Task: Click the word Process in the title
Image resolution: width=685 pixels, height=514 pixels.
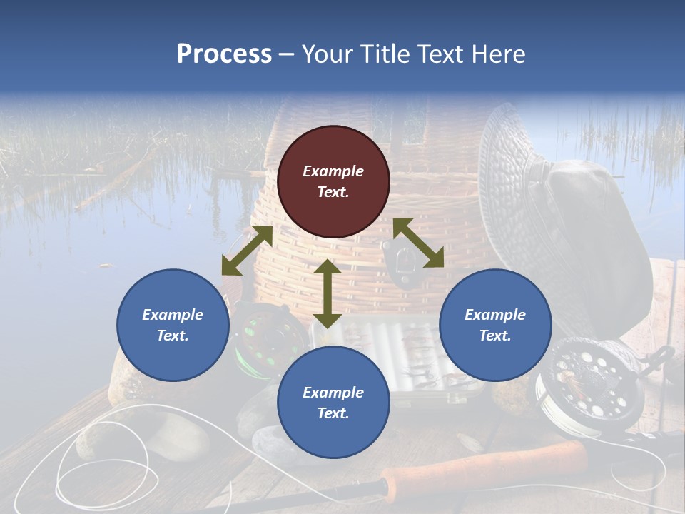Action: point(224,54)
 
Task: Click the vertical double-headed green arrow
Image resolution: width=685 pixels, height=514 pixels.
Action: point(328,294)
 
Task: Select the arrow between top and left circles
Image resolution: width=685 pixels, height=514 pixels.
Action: point(247,251)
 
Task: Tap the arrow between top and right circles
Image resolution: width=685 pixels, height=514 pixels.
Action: point(418,243)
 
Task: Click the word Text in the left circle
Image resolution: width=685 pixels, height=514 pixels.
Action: point(173,336)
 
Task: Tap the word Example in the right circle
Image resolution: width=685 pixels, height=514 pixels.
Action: point(495,315)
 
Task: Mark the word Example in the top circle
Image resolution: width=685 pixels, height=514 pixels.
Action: point(333,171)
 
